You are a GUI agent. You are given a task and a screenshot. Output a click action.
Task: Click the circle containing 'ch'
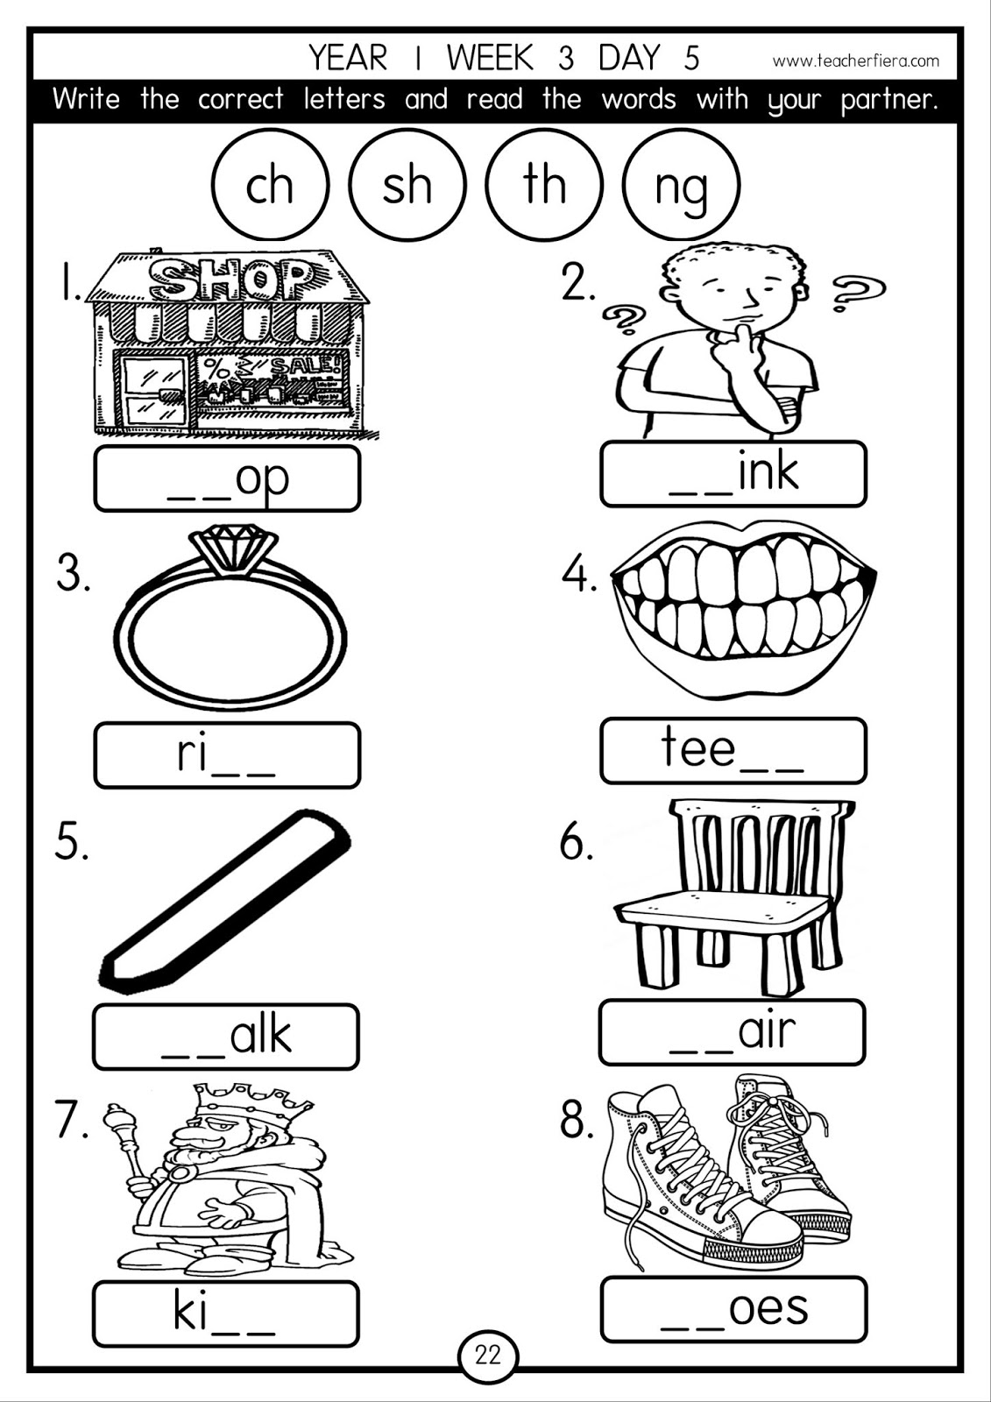(x=270, y=185)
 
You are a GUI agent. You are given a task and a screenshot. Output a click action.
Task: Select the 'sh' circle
(x=407, y=185)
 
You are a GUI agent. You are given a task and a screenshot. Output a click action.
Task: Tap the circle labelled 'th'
(x=544, y=185)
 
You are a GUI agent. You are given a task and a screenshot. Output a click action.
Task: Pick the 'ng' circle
(x=681, y=185)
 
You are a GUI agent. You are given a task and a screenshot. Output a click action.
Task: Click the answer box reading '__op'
(x=227, y=478)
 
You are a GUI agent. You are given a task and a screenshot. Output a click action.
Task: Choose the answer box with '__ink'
(x=733, y=474)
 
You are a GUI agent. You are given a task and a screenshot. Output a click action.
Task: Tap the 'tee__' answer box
(x=733, y=751)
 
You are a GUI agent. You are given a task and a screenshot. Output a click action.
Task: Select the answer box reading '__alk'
(x=226, y=1037)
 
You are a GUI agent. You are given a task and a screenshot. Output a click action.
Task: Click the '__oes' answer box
(x=733, y=1309)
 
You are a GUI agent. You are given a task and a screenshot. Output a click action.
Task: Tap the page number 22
(x=488, y=1356)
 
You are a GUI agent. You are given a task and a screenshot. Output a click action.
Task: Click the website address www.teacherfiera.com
(x=855, y=60)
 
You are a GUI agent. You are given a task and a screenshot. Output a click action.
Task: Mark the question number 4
(x=578, y=576)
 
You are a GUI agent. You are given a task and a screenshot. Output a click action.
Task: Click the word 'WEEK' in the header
(x=489, y=58)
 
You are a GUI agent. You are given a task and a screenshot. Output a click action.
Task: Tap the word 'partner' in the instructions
(x=888, y=99)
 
